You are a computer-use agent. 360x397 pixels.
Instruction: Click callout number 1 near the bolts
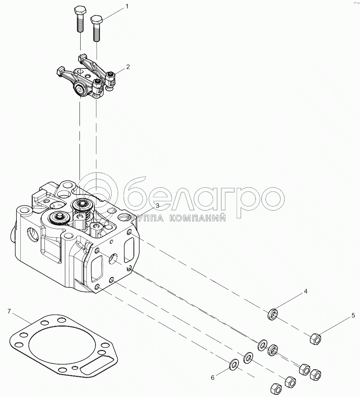(x=127, y=6)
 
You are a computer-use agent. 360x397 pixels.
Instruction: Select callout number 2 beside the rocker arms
(x=128, y=67)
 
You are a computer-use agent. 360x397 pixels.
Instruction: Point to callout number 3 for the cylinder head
(x=158, y=205)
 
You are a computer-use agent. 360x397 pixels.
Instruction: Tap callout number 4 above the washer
(x=306, y=292)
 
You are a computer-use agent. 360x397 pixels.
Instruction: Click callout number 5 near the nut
(x=353, y=316)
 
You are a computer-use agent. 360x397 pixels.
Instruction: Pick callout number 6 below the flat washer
(x=213, y=378)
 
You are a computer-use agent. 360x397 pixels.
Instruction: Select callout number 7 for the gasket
(x=9, y=311)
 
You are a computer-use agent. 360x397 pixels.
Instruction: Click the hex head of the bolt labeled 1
(x=96, y=19)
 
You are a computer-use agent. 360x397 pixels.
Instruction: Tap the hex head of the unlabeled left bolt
(x=80, y=11)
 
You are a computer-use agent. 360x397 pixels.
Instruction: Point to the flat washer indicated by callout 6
(x=234, y=364)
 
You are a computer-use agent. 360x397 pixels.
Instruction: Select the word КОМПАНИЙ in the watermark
(x=197, y=218)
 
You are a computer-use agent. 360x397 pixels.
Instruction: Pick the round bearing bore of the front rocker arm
(x=81, y=90)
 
